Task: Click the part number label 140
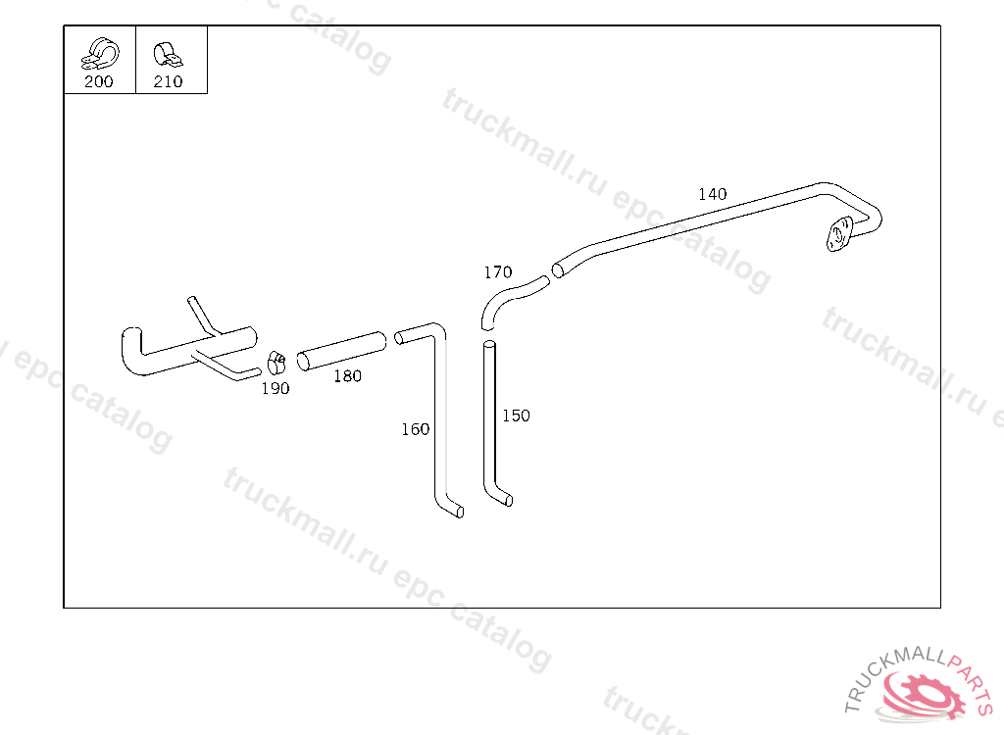tap(712, 194)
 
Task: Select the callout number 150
tap(516, 416)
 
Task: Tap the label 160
tap(415, 429)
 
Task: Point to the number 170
tap(497, 272)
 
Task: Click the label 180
tap(347, 376)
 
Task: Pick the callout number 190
tap(275, 389)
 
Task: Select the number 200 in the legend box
tap(98, 82)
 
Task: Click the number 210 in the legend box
tap(168, 82)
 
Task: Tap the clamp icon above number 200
tap(99, 53)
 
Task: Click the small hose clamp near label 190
tap(276, 363)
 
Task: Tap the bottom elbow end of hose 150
tap(503, 499)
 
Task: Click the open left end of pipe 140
tap(558, 269)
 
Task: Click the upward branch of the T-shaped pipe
tap(199, 314)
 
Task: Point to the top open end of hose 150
tap(489, 346)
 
